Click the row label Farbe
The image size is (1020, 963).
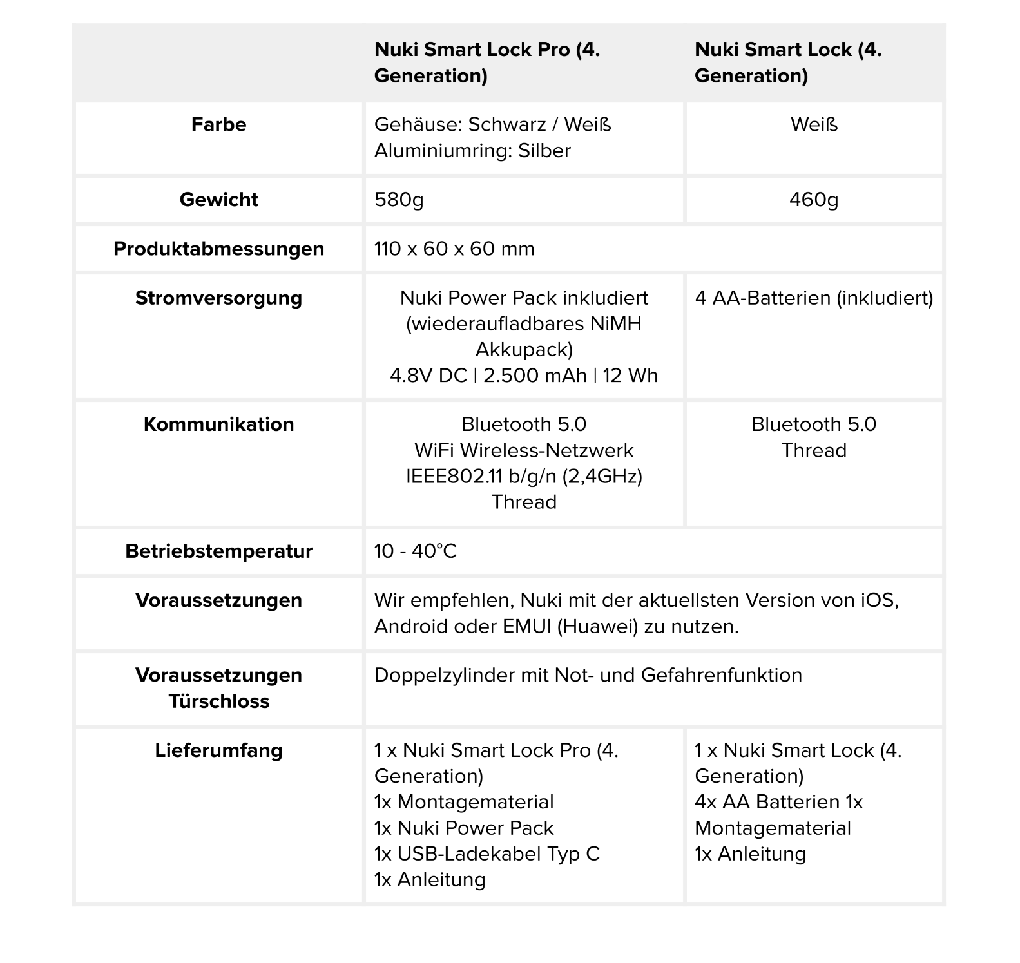[x=218, y=124]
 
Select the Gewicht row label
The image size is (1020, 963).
[x=218, y=200]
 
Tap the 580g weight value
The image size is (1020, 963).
[x=399, y=200]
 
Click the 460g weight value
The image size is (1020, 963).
[x=814, y=200]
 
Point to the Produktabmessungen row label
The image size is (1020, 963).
[x=218, y=249]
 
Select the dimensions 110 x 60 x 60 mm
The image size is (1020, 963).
[x=454, y=249]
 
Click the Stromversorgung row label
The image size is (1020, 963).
[x=218, y=298]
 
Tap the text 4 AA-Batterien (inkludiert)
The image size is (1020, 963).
[x=814, y=298]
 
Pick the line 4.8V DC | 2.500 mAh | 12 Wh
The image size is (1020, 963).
[x=524, y=376]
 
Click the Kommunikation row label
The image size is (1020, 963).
[x=218, y=424]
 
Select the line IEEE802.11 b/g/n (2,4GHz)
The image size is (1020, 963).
[x=524, y=476]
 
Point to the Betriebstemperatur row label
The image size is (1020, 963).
[x=218, y=551]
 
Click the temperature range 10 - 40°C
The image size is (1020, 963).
[x=416, y=551]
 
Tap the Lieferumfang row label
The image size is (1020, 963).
[x=218, y=750]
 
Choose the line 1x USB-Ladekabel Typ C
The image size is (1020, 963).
[x=487, y=854]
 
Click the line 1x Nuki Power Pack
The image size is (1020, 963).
[x=464, y=828]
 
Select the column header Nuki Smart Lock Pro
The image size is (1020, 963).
[x=487, y=62]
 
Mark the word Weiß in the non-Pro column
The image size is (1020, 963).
[x=814, y=124]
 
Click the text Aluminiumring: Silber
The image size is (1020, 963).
[x=472, y=151]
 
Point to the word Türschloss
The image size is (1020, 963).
[x=218, y=701]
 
